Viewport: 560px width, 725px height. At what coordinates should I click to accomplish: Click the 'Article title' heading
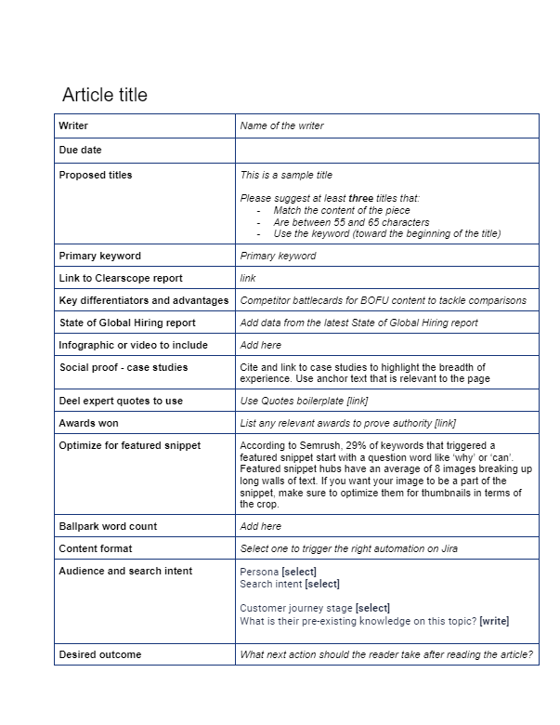pyautogui.click(x=104, y=95)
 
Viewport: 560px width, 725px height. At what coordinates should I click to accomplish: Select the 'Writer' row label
pyautogui.click(x=73, y=125)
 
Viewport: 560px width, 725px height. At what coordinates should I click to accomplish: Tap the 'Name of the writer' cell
pyautogui.click(x=281, y=125)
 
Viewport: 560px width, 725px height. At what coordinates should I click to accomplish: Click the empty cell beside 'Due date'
pyautogui.click(x=386, y=150)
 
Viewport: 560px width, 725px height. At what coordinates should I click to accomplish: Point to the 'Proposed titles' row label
pyautogui.click(x=95, y=175)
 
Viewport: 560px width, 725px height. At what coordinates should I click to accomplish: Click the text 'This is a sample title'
pyautogui.click(x=286, y=175)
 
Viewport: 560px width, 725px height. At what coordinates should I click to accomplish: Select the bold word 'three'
pyautogui.click(x=361, y=199)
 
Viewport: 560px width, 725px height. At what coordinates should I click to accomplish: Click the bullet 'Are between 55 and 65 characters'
pyautogui.click(x=351, y=222)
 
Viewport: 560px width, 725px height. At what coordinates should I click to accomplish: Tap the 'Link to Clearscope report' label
pyautogui.click(x=120, y=278)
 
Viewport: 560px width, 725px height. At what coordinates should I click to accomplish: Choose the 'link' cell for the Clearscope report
pyautogui.click(x=248, y=278)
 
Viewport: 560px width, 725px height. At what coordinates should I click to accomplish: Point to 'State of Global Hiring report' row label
pyautogui.click(x=126, y=323)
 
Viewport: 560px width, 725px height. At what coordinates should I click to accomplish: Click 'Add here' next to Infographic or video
pyautogui.click(x=260, y=345)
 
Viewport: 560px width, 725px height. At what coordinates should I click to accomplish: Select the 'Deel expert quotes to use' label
pyautogui.click(x=120, y=401)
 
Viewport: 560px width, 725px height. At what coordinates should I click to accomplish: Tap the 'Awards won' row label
pyautogui.click(x=88, y=423)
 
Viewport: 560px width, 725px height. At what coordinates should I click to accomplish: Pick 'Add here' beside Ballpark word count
pyautogui.click(x=260, y=526)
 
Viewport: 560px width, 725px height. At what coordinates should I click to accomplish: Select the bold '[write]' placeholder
pyautogui.click(x=494, y=621)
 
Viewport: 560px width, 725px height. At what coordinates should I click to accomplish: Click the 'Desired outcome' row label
pyautogui.click(x=99, y=654)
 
